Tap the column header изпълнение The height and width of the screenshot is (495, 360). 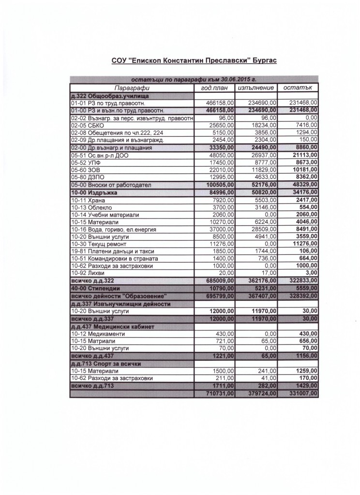(256, 88)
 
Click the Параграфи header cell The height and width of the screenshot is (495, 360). (132, 88)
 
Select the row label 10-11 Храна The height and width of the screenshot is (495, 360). (88, 200)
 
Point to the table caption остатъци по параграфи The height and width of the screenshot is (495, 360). (194, 79)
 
